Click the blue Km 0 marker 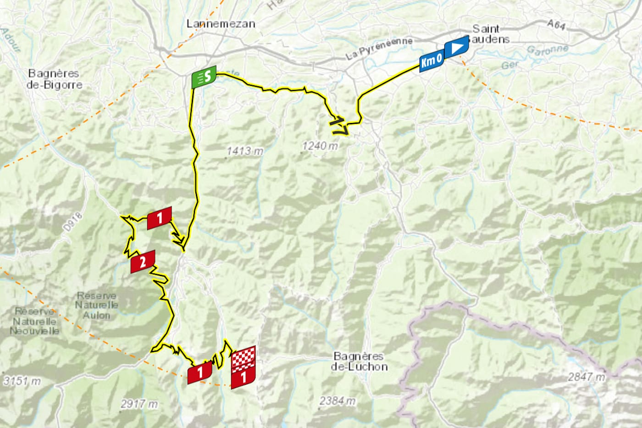(x=431, y=61)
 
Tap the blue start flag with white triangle (x=456, y=47)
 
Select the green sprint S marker (x=204, y=77)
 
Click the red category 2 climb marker (x=143, y=262)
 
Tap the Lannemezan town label (x=221, y=24)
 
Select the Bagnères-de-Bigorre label (x=54, y=79)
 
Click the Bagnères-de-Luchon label (x=359, y=361)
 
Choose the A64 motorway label (x=556, y=25)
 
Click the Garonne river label (x=547, y=50)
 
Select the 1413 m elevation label (x=245, y=150)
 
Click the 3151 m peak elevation (x=22, y=381)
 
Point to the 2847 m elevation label (x=586, y=377)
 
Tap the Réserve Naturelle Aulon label (x=96, y=305)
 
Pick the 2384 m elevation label (x=338, y=400)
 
